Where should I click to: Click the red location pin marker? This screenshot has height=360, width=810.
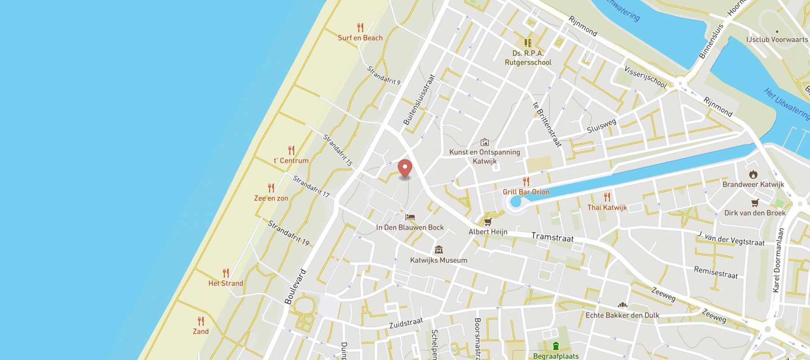click(x=405, y=169)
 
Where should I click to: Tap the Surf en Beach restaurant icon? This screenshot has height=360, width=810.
click(x=360, y=28)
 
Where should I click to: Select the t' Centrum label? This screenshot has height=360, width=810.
click(x=291, y=161)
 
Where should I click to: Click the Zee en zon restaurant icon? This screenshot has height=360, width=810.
click(x=271, y=188)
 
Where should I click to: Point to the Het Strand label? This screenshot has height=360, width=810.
click(x=225, y=283)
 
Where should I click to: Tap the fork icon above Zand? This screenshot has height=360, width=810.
click(x=201, y=321)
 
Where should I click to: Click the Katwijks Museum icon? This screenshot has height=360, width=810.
click(x=439, y=250)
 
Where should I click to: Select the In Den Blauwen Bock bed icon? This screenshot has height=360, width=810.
click(x=410, y=217)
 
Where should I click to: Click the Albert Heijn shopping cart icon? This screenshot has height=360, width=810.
click(x=488, y=221)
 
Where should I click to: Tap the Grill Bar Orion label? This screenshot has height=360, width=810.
click(x=526, y=192)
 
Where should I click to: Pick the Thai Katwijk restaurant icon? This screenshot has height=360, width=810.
click(x=607, y=197)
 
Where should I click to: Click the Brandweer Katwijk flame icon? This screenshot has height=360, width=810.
click(x=753, y=174)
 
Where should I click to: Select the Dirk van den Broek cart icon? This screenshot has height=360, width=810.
click(x=755, y=203)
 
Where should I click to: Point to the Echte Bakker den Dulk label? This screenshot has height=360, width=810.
click(x=622, y=315)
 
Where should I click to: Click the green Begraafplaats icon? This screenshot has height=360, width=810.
click(x=556, y=346)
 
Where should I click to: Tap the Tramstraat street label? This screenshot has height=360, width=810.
click(x=552, y=237)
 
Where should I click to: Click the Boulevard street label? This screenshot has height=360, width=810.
click(x=296, y=287)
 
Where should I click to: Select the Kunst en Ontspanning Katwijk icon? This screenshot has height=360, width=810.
click(x=485, y=142)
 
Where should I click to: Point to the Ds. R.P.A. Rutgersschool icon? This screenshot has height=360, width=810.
click(x=528, y=43)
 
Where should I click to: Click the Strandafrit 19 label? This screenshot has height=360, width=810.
click(x=288, y=233)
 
